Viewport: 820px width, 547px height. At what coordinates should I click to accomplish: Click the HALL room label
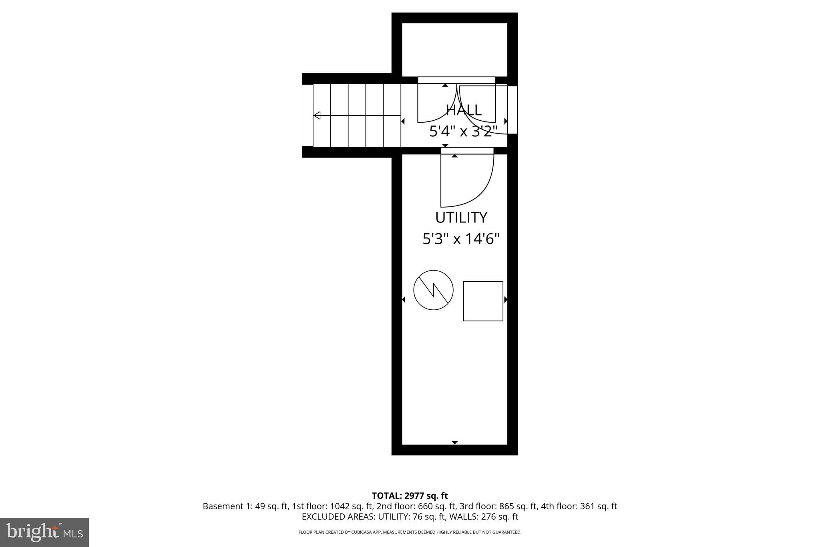(464, 110)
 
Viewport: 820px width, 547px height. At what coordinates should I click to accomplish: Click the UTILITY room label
(461, 218)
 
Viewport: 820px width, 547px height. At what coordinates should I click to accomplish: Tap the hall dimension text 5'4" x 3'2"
(464, 131)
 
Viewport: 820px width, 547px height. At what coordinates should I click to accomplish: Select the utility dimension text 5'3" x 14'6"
(461, 239)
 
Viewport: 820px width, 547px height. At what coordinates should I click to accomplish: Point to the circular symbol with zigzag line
(433, 290)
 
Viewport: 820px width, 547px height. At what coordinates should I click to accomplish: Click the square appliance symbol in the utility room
(483, 301)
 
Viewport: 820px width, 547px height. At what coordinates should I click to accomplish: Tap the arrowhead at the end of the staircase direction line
(317, 116)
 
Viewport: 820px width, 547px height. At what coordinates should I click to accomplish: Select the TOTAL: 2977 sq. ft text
(410, 496)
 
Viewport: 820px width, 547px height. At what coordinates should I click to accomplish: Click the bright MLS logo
(44, 532)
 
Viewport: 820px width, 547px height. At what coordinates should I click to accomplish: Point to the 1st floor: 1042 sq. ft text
(332, 506)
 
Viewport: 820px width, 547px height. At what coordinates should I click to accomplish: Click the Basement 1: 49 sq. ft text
(245, 506)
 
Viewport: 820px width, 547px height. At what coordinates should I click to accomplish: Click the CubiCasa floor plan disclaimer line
(410, 532)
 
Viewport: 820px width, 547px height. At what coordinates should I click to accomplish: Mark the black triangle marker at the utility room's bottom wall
(454, 442)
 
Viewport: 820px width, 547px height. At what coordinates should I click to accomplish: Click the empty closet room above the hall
(454, 49)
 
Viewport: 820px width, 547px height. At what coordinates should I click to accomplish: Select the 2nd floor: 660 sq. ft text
(416, 506)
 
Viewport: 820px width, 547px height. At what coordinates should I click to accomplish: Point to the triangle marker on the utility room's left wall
(403, 299)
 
